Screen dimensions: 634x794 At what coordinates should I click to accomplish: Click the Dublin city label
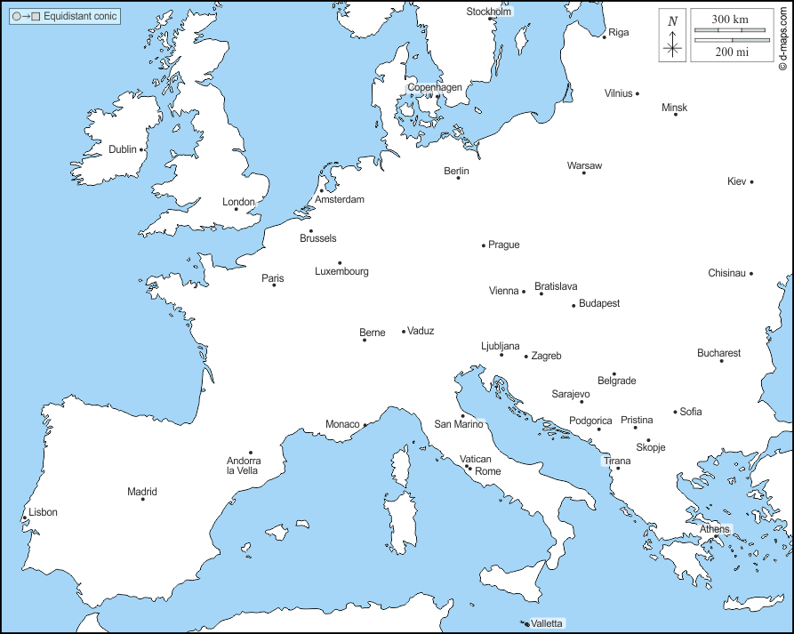[123, 149]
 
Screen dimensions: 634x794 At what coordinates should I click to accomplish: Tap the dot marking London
[237, 209]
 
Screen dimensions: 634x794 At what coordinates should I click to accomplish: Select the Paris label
[272, 278]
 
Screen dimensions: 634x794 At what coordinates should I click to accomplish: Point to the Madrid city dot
[142, 499]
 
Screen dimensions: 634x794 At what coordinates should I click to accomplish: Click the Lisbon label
[43, 512]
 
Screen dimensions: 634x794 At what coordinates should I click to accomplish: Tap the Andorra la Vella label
[244, 466]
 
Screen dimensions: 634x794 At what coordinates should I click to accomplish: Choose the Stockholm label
[489, 12]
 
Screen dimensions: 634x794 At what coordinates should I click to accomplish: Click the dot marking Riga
[604, 37]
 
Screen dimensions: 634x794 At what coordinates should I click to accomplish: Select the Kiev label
[737, 181]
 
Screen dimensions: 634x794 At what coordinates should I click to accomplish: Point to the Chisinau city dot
[751, 274]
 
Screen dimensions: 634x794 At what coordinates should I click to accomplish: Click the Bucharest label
[718, 353]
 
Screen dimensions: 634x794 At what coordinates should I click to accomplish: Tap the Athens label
[714, 529]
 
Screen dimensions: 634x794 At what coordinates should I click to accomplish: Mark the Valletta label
[547, 623]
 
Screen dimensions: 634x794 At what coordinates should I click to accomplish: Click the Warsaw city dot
[584, 173]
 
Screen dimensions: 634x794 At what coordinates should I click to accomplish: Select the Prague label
[503, 245]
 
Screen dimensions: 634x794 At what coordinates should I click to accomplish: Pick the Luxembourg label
[341, 271]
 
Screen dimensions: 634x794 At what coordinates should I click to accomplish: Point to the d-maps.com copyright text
[782, 36]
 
